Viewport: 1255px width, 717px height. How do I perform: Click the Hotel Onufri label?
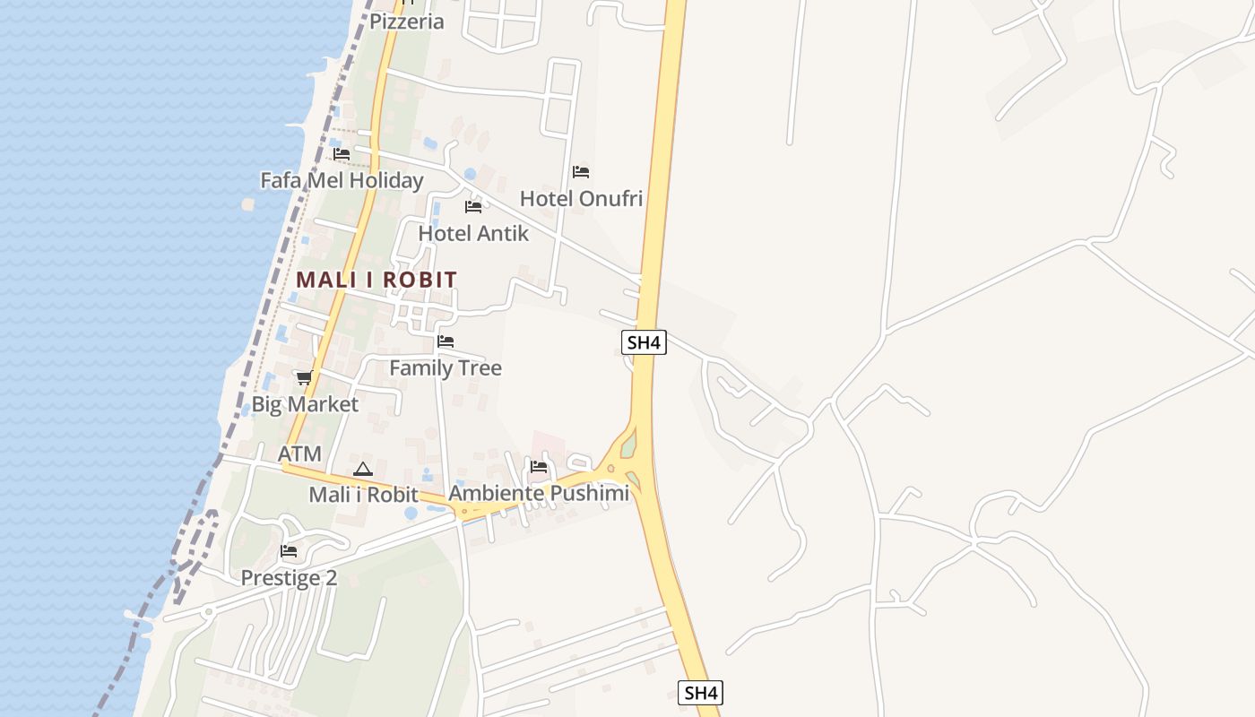pyautogui.click(x=581, y=198)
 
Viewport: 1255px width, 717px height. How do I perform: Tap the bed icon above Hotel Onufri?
pyautogui.click(x=581, y=172)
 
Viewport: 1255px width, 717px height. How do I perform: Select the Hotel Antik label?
pyautogui.click(x=473, y=233)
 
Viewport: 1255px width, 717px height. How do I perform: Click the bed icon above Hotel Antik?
pyautogui.click(x=473, y=207)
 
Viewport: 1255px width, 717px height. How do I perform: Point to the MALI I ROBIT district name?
pyautogui.click(x=376, y=280)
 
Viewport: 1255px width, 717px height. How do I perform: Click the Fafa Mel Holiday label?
pyautogui.click(x=342, y=180)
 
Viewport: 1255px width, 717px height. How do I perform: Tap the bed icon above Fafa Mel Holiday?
pyautogui.click(x=342, y=154)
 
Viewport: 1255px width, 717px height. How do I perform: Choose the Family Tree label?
pyautogui.click(x=446, y=367)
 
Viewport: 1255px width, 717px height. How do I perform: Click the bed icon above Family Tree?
pyautogui.click(x=446, y=341)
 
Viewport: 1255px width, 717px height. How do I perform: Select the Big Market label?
pyautogui.click(x=305, y=404)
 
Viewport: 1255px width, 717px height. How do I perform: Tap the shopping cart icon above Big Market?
pyautogui.click(x=305, y=377)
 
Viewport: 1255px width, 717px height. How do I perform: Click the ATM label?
pyautogui.click(x=299, y=454)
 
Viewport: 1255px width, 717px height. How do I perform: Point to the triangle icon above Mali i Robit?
pyautogui.click(x=362, y=469)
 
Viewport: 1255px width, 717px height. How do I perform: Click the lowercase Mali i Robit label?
pyautogui.click(x=363, y=494)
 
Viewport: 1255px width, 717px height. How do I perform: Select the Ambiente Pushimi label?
pyautogui.click(x=539, y=493)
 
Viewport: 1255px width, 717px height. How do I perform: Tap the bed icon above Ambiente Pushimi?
pyautogui.click(x=539, y=467)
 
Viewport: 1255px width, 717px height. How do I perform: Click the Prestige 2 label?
pyautogui.click(x=289, y=578)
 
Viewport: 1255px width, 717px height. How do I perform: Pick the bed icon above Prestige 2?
pyautogui.click(x=289, y=551)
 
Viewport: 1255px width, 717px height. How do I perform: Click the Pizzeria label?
pyautogui.click(x=407, y=22)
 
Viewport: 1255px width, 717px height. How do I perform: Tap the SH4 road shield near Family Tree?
pyautogui.click(x=645, y=341)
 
